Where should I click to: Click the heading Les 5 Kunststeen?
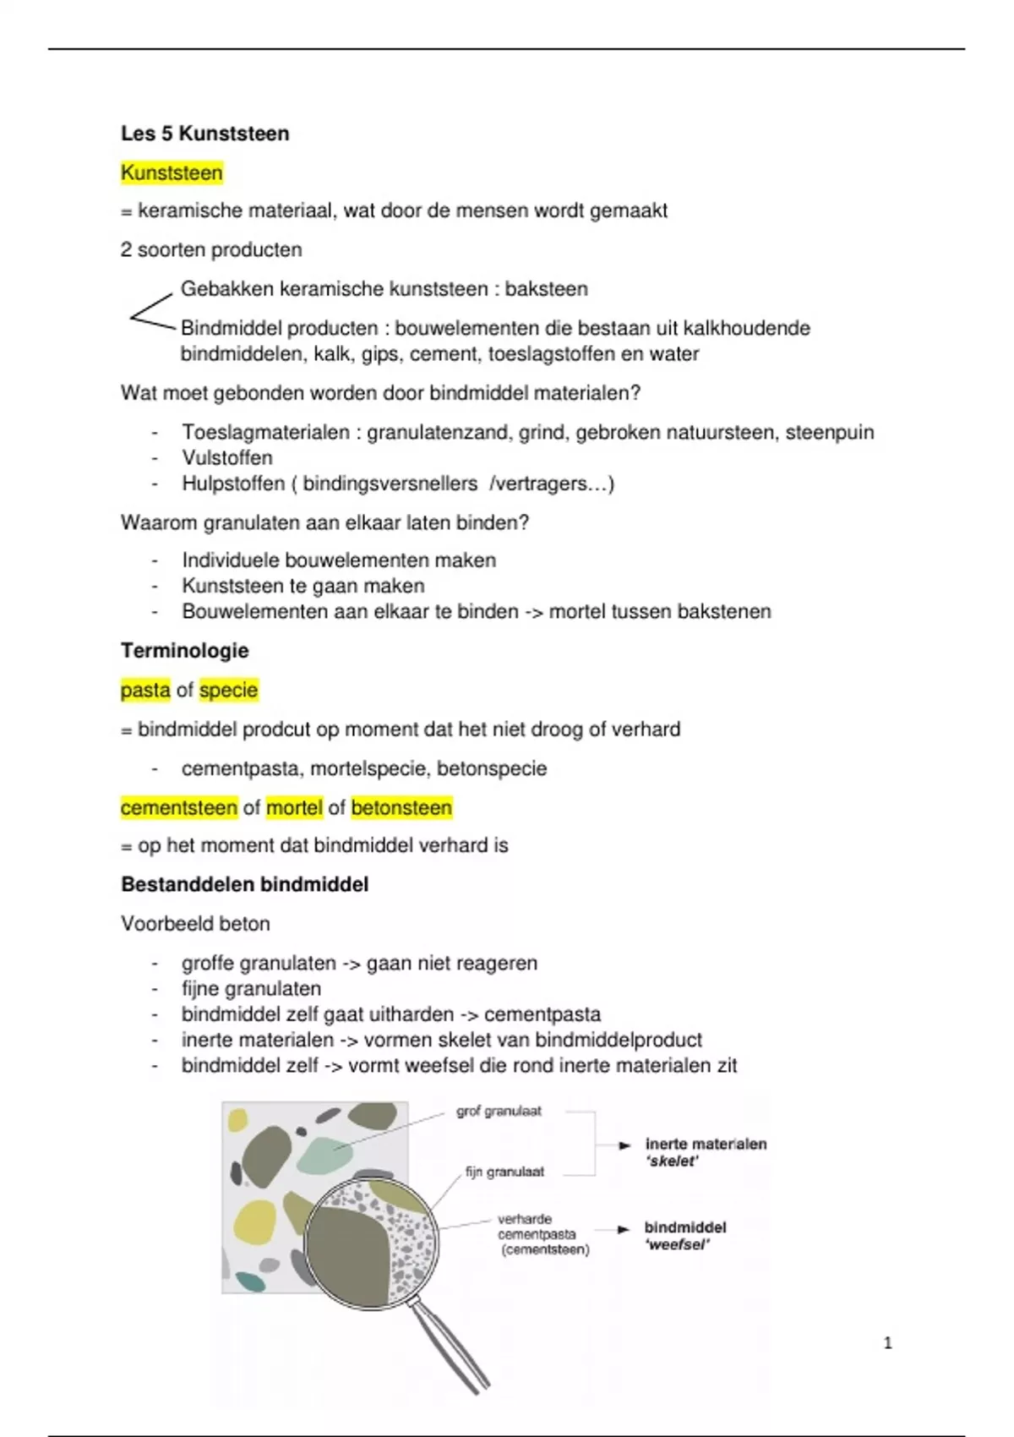204,134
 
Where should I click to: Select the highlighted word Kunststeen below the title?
172,173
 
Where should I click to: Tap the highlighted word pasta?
145,690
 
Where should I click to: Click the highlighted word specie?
228,690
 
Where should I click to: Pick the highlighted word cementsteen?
179,808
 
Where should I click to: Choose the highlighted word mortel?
294,808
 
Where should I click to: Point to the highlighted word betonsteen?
401,808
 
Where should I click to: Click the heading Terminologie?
184,651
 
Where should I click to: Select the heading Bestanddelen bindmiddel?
244,885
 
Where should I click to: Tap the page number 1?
887,1342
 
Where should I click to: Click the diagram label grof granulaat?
499,1112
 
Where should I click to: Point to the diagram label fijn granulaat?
504,1172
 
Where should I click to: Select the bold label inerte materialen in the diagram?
706,1145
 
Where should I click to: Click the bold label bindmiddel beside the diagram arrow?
684,1227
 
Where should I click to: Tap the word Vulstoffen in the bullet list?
227,458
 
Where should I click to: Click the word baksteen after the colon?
546,289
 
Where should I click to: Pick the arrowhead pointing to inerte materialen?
625,1145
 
